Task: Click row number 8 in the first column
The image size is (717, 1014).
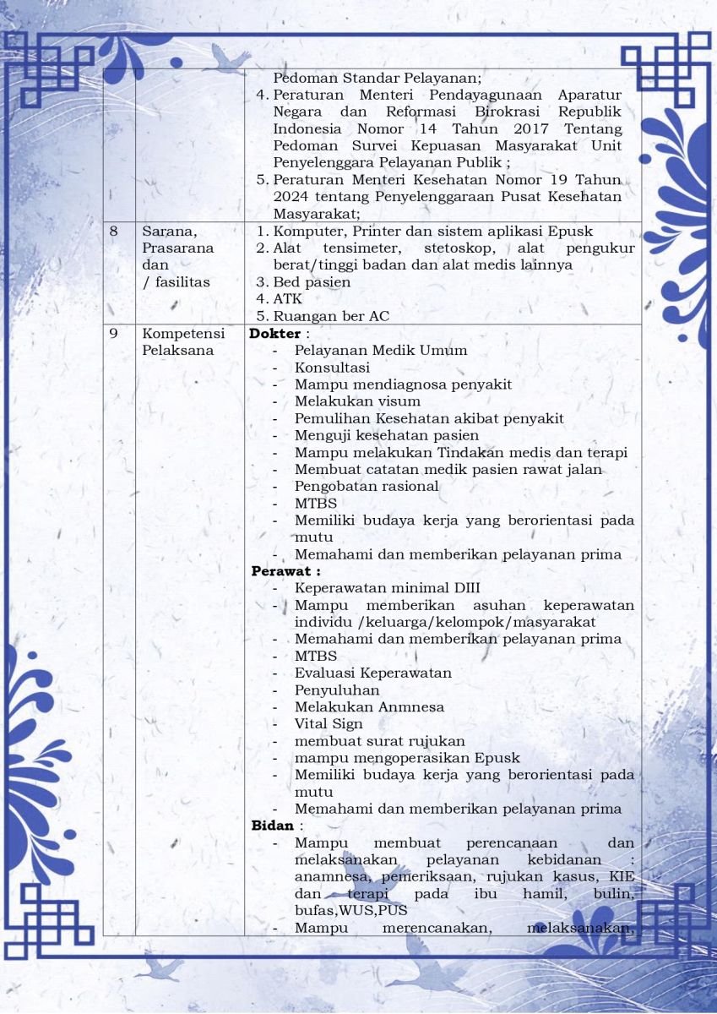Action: (x=114, y=232)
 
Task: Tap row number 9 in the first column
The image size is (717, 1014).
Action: (x=114, y=334)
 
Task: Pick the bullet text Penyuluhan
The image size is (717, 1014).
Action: (x=337, y=690)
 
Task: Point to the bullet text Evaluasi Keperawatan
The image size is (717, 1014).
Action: (x=372, y=673)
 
